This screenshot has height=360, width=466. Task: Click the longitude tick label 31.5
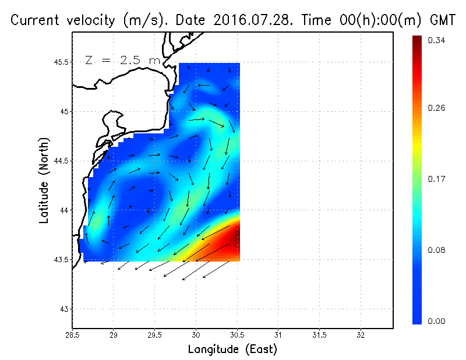319,335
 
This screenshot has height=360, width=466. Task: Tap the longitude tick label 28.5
73,335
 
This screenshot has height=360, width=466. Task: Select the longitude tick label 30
196,335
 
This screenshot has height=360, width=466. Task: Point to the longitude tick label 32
361,335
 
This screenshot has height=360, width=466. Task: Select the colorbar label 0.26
437,108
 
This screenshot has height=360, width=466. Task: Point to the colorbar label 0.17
437,179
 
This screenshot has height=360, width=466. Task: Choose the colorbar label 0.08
437,250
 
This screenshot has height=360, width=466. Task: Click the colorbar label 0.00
437,321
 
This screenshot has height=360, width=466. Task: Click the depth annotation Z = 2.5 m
122,61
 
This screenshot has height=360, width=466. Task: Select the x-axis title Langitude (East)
232,350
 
